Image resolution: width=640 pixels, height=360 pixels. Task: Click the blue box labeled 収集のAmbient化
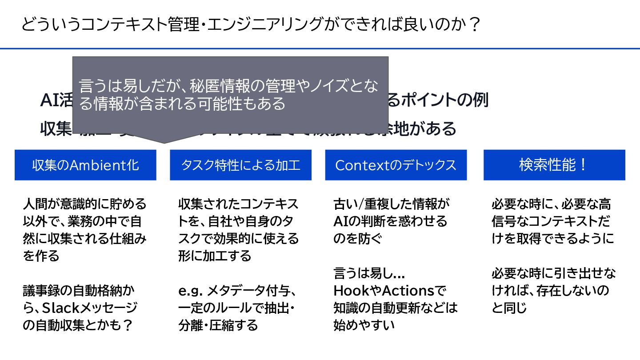(x=85, y=165)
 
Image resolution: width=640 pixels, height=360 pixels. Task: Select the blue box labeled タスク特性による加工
(x=240, y=165)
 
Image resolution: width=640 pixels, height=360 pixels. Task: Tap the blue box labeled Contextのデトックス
(x=396, y=165)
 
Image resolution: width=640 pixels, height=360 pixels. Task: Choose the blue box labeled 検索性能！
(x=554, y=165)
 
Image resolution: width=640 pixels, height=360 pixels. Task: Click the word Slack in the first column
(x=65, y=308)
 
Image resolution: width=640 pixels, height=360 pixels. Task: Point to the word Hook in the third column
(x=349, y=291)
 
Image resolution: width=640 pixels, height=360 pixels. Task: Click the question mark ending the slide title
(x=475, y=25)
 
